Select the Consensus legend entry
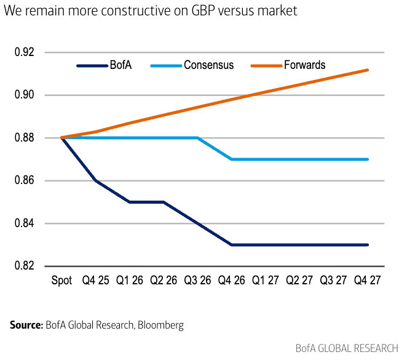208,65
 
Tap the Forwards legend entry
304,65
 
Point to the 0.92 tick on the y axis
25,52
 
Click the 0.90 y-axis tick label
25,95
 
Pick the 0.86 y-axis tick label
25,181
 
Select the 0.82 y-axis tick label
25,266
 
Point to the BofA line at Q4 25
96,181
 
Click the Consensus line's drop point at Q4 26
232,159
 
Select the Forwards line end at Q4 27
368,70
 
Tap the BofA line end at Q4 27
368,245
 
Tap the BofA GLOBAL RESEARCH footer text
347,348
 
